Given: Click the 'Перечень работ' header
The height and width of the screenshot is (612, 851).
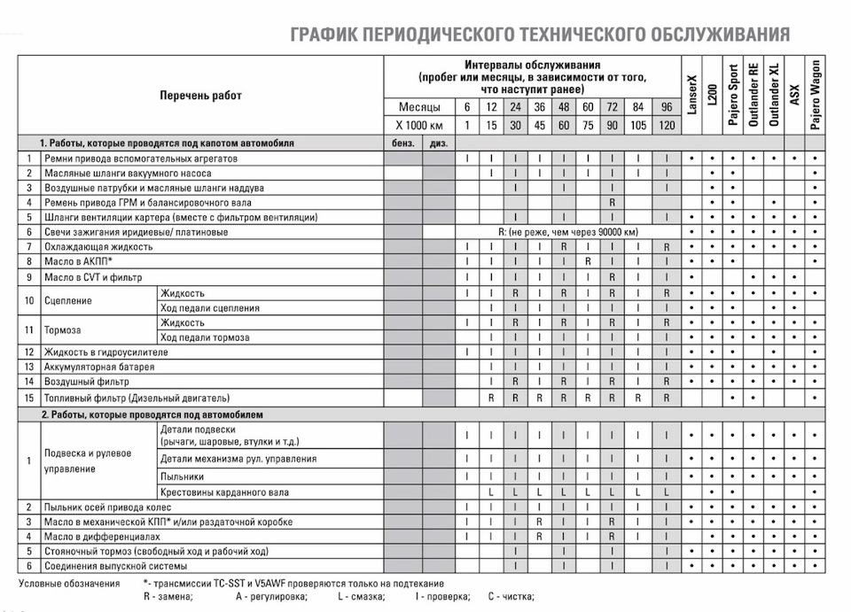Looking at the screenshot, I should (x=200, y=95).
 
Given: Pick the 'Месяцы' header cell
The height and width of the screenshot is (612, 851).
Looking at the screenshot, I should (x=418, y=108).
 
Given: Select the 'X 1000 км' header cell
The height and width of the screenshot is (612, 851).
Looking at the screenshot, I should (x=418, y=126).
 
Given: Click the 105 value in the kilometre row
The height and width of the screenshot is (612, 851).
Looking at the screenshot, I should (x=637, y=126).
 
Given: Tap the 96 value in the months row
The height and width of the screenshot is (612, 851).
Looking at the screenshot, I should (x=667, y=108).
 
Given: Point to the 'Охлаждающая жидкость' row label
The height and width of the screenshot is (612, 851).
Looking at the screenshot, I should (x=97, y=246).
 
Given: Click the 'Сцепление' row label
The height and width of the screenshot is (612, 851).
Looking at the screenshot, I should (x=66, y=300).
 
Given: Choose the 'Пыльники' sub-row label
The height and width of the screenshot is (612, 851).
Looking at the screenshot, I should (x=181, y=476).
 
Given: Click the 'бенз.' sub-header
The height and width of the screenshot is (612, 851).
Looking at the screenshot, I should (x=402, y=143).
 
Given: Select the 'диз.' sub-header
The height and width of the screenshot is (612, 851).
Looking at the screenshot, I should (x=438, y=143).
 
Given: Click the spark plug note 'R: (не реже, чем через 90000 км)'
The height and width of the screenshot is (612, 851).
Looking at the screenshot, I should (x=567, y=232).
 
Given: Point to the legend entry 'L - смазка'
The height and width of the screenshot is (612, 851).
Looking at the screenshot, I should (x=362, y=598).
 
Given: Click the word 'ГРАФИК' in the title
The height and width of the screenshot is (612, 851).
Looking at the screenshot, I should (x=327, y=35).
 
